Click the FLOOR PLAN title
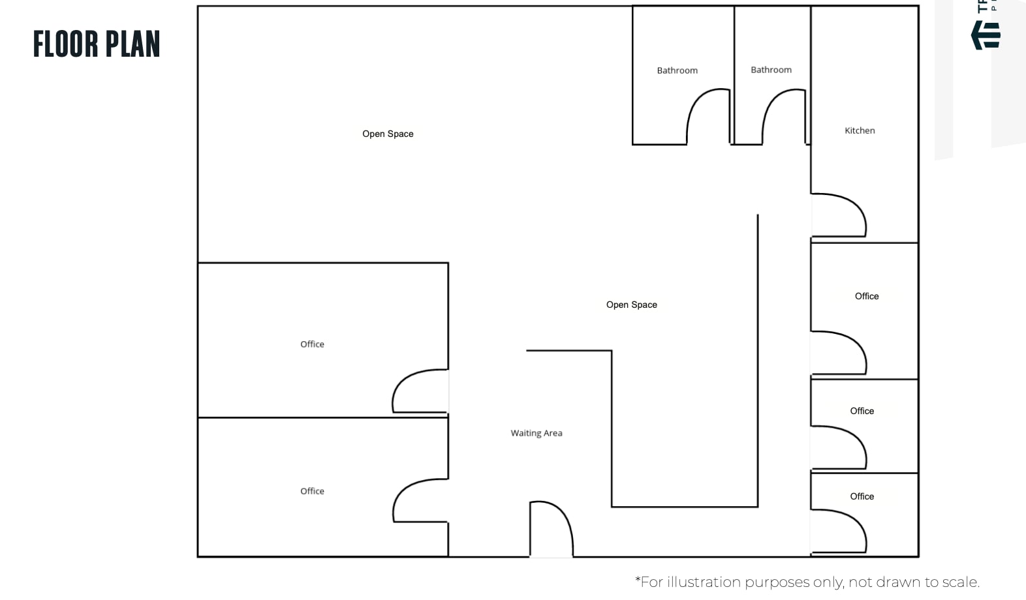[97, 44]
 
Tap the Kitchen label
[860, 130]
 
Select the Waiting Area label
[536, 433]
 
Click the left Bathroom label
[677, 70]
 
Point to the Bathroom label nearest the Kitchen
[771, 70]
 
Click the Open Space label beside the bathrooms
[388, 134]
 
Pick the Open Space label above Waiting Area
[631, 305]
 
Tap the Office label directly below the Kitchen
[867, 296]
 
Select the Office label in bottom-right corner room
[862, 496]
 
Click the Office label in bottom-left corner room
[312, 491]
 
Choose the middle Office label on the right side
[862, 411]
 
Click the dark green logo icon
[986, 35]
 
